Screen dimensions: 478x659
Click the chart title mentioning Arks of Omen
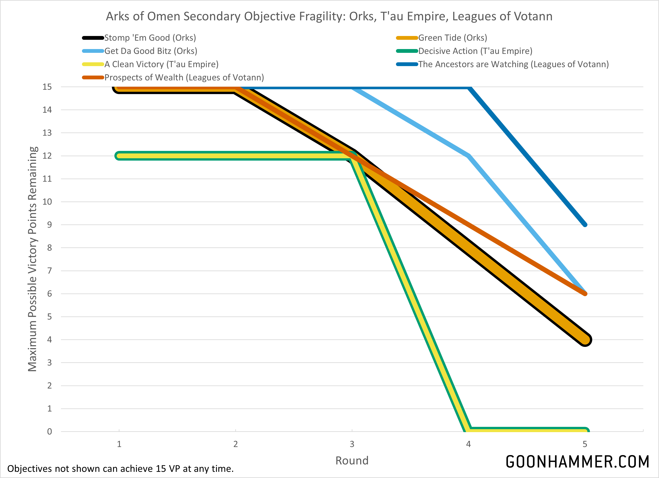pyautogui.click(x=329, y=16)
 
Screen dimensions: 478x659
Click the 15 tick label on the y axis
pyautogui.click(x=47, y=87)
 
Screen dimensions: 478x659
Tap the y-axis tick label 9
pyautogui.click(x=49, y=225)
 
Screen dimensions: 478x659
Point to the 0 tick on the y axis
pyautogui.click(x=49, y=431)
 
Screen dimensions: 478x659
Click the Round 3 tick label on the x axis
pyautogui.click(x=352, y=444)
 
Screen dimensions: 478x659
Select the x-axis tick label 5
pyautogui.click(x=585, y=444)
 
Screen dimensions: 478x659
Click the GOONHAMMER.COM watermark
pyautogui.click(x=577, y=462)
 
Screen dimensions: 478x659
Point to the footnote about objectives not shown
pyautogui.click(x=120, y=469)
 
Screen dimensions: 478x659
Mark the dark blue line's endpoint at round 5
pyautogui.click(x=585, y=225)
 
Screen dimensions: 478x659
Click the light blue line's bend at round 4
pyautogui.click(x=468, y=156)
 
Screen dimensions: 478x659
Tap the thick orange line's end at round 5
pyautogui.click(x=585, y=340)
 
